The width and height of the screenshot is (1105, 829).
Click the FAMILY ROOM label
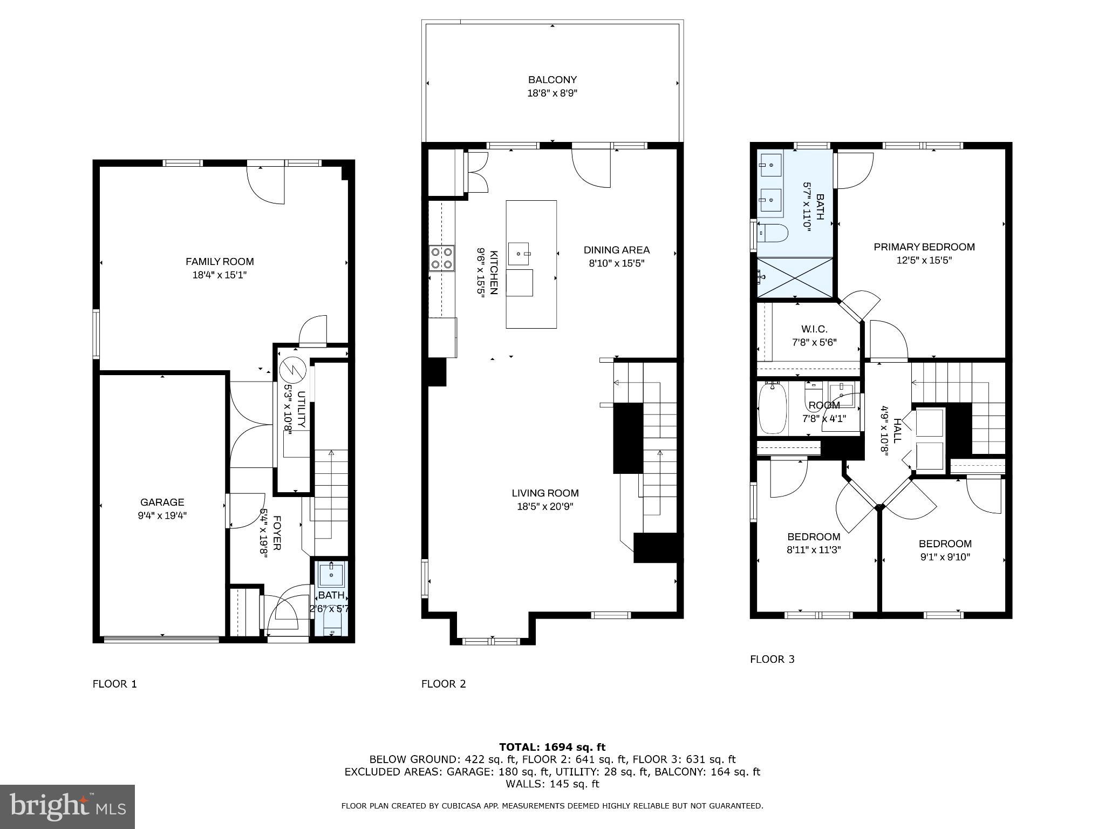220,262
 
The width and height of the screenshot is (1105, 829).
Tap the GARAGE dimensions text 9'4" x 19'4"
162,515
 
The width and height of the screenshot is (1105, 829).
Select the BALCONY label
552,80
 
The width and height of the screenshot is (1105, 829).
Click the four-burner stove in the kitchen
441,258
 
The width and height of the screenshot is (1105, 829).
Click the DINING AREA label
616,250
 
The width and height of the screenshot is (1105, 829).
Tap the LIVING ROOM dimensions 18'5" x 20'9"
545,507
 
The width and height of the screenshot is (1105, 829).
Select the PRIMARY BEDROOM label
924,247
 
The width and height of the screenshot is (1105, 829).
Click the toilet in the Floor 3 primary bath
773,233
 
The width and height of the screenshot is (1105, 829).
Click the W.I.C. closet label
814,329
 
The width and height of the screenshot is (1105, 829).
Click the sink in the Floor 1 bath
330,575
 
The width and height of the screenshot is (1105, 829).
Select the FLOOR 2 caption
443,684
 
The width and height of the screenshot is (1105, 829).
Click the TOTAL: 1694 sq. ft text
552,747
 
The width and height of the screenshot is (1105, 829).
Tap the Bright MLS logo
67,806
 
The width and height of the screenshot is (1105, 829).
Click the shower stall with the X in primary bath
794,277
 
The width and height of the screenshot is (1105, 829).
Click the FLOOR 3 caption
772,659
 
